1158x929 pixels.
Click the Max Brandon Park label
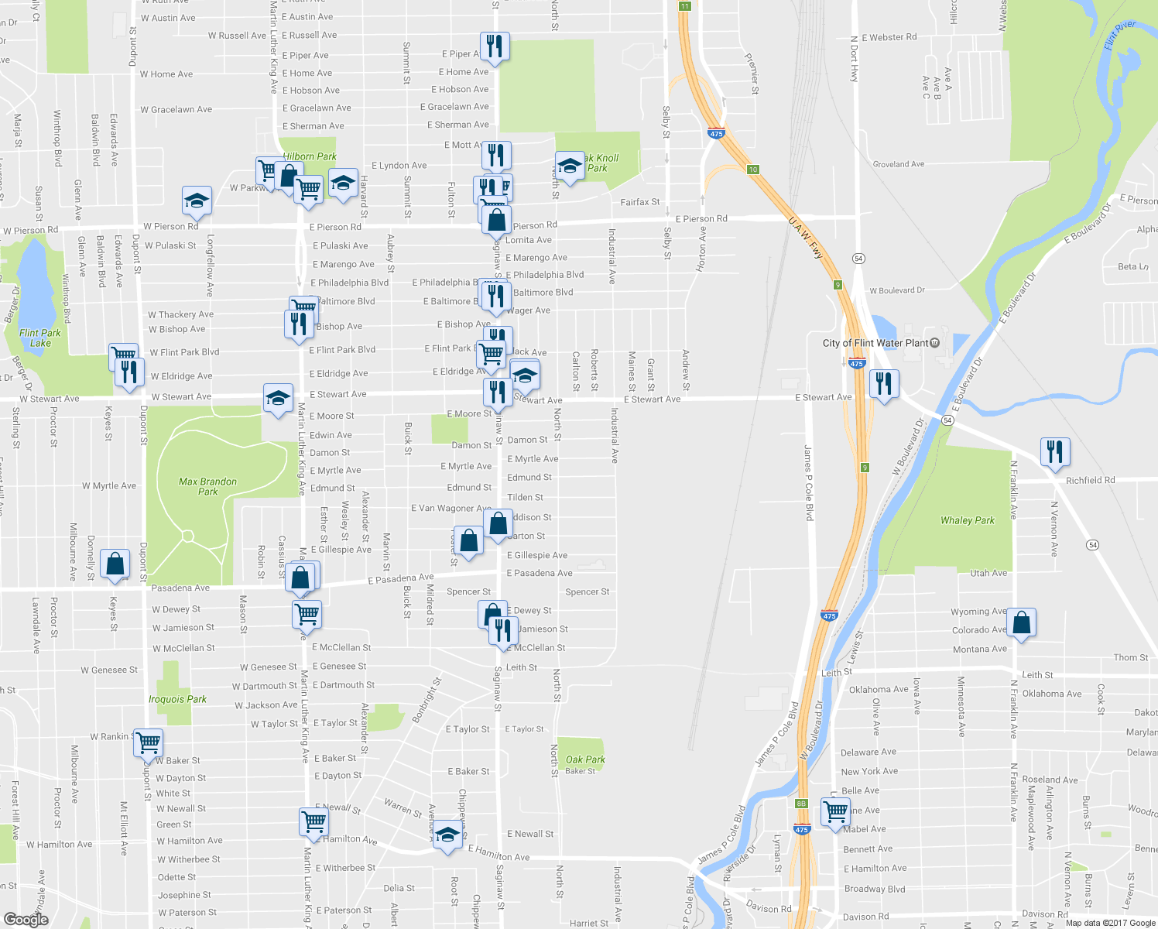(207, 486)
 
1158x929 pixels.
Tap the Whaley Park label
(967, 520)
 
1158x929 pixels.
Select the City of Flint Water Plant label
(875, 343)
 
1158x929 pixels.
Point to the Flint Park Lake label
(40, 338)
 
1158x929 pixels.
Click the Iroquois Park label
(177, 699)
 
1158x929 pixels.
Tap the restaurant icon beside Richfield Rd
(1055, 451)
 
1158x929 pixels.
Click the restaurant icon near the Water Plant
(883, 383)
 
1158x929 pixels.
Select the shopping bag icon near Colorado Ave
(1021, 622)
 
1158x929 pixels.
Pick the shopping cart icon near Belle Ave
(835, 812)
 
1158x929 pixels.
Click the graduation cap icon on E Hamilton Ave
(447, 835)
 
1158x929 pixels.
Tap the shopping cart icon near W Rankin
(148, 742)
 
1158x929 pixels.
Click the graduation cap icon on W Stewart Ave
(278, 398)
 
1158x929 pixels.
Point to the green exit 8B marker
(801, 804)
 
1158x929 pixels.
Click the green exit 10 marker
(752, 170)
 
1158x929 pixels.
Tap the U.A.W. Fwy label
(805, 238)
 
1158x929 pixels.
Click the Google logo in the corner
(26, 919)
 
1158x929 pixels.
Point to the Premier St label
(751, 74)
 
